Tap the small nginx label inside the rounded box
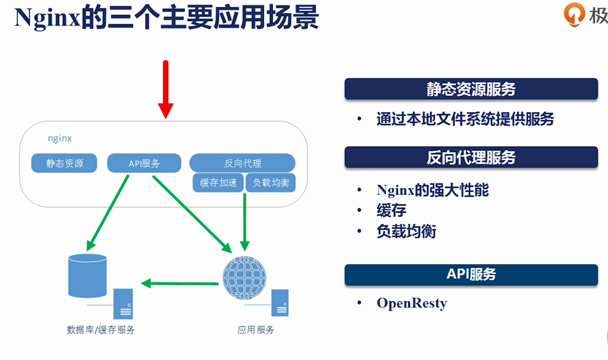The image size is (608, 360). (60, 138)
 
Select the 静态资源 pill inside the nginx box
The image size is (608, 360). (64, 163)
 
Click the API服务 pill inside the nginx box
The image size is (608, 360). (144, 163)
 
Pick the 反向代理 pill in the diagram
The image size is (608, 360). (242, 163)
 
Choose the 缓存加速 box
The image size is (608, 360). (218, 183)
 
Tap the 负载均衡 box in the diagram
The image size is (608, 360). (271, 183)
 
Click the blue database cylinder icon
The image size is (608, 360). (87, 276)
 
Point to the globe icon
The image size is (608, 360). (244, 278)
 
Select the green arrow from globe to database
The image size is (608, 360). (180, 283)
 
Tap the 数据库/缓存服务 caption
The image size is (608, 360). (100, 330)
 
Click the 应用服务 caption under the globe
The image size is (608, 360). (256, 330)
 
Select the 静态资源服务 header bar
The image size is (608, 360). (471, 89)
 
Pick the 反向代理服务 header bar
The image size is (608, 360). (471, 157)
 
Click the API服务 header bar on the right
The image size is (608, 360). (471, 274)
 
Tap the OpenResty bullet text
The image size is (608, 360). (412, 303)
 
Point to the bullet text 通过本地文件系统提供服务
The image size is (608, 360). (465, 119)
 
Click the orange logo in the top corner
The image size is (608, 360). (574, 15)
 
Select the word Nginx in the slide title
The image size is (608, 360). (47, 18)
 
